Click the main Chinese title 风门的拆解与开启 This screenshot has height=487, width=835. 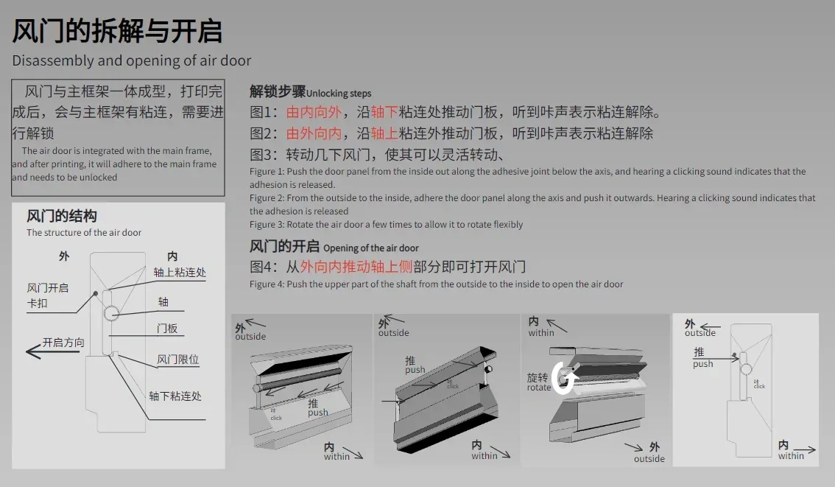117,31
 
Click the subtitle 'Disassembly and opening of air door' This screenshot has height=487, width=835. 132,60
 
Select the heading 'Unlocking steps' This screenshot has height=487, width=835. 339,94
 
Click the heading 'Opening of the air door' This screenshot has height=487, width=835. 370,248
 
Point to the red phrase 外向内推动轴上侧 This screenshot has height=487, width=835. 356,267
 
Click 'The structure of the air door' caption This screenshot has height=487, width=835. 84,232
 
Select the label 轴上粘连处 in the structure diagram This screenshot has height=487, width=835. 180,273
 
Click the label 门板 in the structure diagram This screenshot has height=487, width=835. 167,328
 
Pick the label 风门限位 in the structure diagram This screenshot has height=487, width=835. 178,360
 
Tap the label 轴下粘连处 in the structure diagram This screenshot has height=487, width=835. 175,396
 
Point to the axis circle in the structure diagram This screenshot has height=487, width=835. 111,313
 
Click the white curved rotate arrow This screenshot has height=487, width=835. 564,378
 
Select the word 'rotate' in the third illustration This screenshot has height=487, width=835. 539,388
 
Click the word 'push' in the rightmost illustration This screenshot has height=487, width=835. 702,364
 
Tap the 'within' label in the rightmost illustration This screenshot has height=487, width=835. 791,455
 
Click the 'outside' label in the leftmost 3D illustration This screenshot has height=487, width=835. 250,336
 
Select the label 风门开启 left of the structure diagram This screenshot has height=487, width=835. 48,288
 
